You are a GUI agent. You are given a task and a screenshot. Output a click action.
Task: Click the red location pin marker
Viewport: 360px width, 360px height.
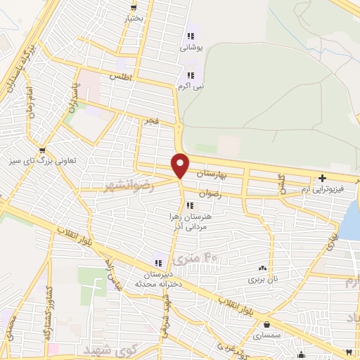(181, 165)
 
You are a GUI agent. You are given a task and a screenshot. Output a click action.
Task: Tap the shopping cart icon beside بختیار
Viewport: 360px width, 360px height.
(133, 7)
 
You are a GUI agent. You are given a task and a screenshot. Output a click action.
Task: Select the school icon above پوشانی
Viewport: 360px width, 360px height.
(190, 36)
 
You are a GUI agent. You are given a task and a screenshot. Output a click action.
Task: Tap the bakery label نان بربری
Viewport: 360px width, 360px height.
(262, 279)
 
